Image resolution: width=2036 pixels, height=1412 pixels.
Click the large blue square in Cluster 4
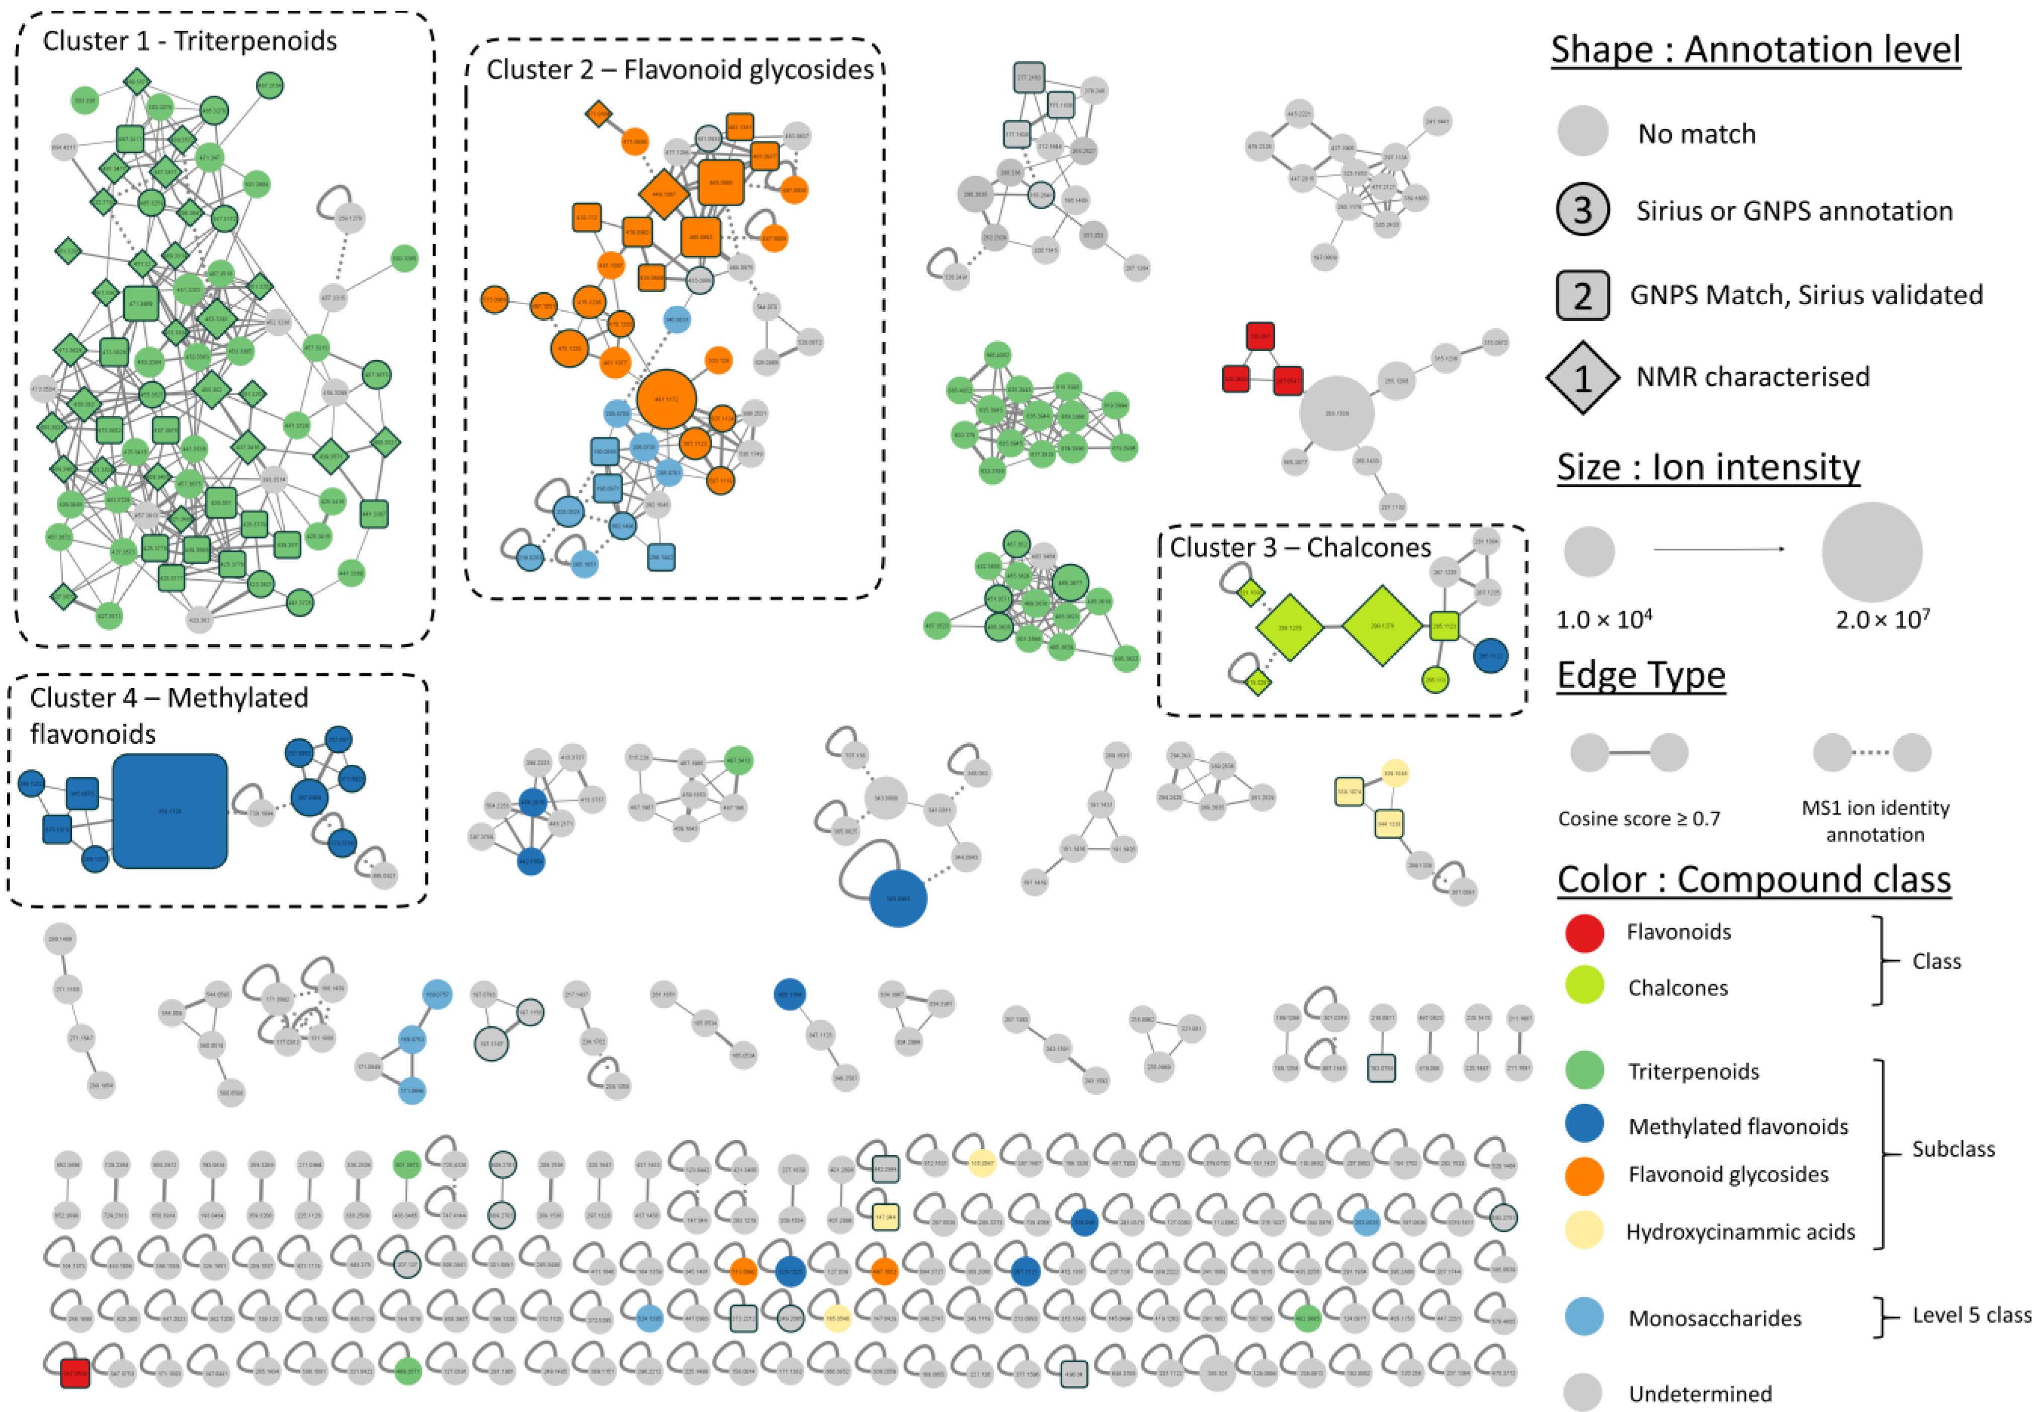pyautogui.click(x=170, y=811)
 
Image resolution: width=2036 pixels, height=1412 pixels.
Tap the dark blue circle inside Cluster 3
pyautogui.click(x=1490, y=656)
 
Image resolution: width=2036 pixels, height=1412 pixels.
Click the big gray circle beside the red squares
pyautogui.click(x=1336, y=413)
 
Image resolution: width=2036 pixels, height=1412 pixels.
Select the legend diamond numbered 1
pyautogui.click(x=1582, y=378)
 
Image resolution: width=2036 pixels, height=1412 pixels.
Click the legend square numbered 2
pyautogui.click(x=1582, y=295)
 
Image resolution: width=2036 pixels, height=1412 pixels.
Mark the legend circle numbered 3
pyautogui.click(x=1582, y=211)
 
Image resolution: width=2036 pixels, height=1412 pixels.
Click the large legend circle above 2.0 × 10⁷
pyautogui.click(x=1872, y=552)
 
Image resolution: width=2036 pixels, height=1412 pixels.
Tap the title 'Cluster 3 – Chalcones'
pyautogui.click(x=1300, y=548)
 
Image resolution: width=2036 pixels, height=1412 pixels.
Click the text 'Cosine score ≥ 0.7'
pyautogui.click(x=1639, y=818)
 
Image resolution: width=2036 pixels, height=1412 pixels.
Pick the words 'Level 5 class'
pyautogui.click(x=1972, y=1315)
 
